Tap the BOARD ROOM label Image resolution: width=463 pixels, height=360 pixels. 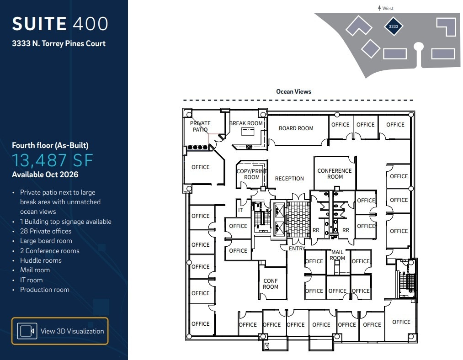click(296, 128)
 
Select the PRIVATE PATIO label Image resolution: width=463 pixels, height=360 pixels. click(200, 126)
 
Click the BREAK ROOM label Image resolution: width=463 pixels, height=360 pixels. click(246, 123)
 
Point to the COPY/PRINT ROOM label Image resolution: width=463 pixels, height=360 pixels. click(251, 174)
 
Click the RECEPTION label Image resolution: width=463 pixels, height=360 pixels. click(289, 179)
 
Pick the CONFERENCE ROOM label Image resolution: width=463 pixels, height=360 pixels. click(335, 174)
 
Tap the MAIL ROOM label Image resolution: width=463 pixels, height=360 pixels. click(337, 255)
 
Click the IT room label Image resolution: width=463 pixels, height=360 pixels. click(240, 211)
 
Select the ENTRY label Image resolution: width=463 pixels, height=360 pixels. click(297, 249)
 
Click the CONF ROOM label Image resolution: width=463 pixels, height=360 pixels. click(271, 284)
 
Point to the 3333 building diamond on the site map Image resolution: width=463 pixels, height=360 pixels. click(393, 26)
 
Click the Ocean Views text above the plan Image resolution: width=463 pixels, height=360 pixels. click(293, 92)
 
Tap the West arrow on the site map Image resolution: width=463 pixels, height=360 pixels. click(379, 8)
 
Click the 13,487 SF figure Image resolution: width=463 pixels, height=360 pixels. click(53, 160)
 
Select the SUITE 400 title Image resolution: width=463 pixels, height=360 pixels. click(60, 24)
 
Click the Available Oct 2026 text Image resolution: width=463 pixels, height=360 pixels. click(45, 175)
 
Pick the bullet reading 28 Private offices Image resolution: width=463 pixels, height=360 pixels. click(46, 231)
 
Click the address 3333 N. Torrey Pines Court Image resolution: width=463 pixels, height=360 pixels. click(59, 43)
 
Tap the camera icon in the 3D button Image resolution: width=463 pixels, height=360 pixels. click(27, 331)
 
